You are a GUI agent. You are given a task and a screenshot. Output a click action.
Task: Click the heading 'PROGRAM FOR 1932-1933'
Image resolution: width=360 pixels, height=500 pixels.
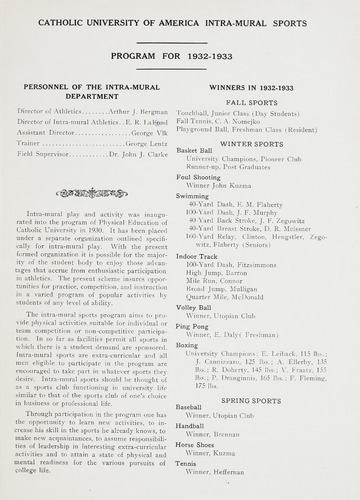pyautogui.click(x=180, y=56)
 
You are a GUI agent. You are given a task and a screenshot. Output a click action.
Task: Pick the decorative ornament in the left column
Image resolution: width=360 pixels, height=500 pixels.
pyautogui.click(x=91, y=192)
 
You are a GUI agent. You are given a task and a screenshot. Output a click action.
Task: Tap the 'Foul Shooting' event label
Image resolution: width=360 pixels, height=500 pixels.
pyautogui.click(x=199, y=177)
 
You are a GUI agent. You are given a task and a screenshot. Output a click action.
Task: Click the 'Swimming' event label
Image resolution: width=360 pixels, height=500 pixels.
pyautogui.click(x=193, y=197)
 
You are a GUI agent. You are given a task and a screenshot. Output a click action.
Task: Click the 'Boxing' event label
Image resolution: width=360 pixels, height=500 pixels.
pyautogui.click(x=188, y=345)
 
